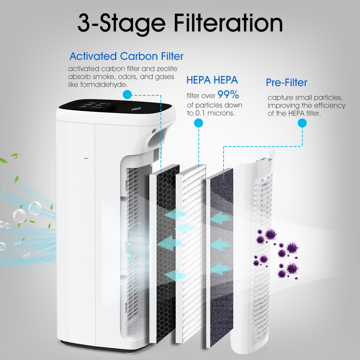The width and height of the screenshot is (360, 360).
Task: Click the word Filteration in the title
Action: [x=228, y=23]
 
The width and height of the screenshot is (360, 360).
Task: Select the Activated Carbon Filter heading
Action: [x=126, y=56]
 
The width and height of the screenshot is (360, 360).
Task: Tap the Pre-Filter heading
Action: [x=286, y=83]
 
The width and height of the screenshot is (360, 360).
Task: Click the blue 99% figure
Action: [x=228, y=94]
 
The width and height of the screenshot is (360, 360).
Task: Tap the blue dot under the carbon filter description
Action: [x=127, y=95]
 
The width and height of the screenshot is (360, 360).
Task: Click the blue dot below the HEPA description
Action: [x=199, y=123]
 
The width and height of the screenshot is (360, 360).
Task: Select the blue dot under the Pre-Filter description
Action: [x=302, y=123]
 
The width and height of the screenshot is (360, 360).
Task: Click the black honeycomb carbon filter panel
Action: [x=168, y=253]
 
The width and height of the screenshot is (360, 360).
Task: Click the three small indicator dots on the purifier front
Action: [x=86, y=158]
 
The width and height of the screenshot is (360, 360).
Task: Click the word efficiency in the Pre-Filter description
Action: [x=330, y=105]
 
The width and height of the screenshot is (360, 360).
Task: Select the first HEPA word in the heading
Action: [x=199, y=80]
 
